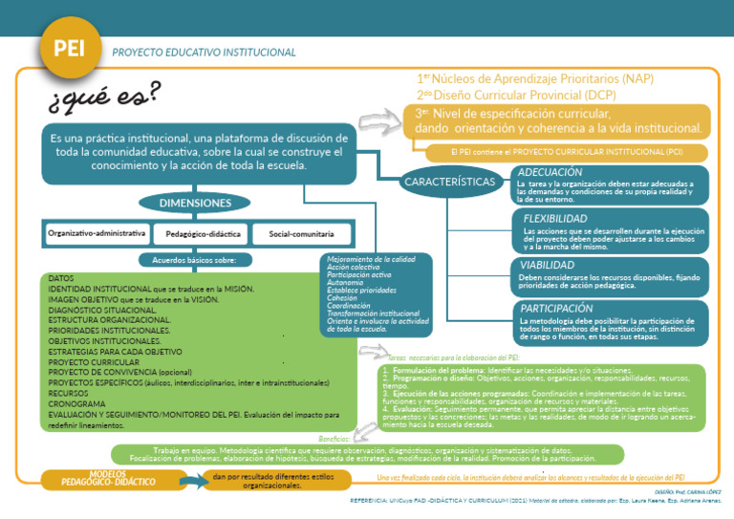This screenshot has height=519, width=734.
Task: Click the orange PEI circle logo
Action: click(69, 50)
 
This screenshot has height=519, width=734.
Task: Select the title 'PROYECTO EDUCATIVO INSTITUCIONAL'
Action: click(204, 53)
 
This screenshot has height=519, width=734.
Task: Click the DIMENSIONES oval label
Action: click(195, 203)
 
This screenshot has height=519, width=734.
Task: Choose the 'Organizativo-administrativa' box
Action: click(97, 232)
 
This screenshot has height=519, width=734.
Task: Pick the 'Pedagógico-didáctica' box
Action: click(203, 233)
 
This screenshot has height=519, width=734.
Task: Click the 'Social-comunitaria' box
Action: click(301, 233)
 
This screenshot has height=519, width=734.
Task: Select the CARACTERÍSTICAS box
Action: click(450, 181)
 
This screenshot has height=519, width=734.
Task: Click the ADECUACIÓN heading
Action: click(551, 172)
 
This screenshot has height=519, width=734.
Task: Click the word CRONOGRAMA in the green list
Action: click(76, 403)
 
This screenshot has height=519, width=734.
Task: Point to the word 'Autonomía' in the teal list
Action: click(345, 283)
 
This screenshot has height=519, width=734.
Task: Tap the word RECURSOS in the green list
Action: click(69, 393)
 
